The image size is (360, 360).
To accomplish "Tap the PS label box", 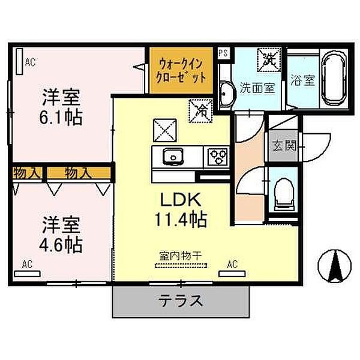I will click(223, 53).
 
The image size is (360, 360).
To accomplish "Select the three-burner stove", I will click(217, 157).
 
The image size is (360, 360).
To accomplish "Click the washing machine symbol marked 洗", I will click(268, 59).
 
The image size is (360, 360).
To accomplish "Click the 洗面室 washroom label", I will click(258, 88).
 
